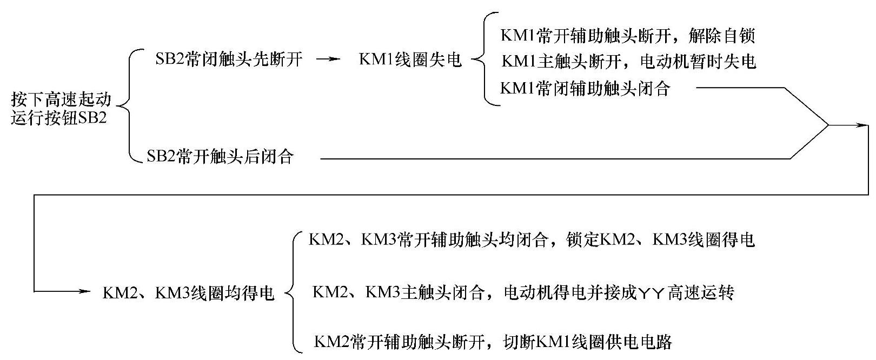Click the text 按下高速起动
(x=61, y=99)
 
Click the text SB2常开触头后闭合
(x=220, y=157)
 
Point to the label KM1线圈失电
(x=410, y=59)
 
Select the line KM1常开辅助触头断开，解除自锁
(x=627, y=36)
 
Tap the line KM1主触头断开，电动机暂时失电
(x=628, y=62)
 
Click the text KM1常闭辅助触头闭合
(x=585, y=88)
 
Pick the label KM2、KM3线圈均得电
(x=189, y=293)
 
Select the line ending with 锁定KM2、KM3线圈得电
(x=531, y=240)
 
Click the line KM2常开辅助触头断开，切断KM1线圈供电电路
(x=493, y=342)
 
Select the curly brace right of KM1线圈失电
(x=479, y=59)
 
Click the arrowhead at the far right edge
(x=864, y=125)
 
